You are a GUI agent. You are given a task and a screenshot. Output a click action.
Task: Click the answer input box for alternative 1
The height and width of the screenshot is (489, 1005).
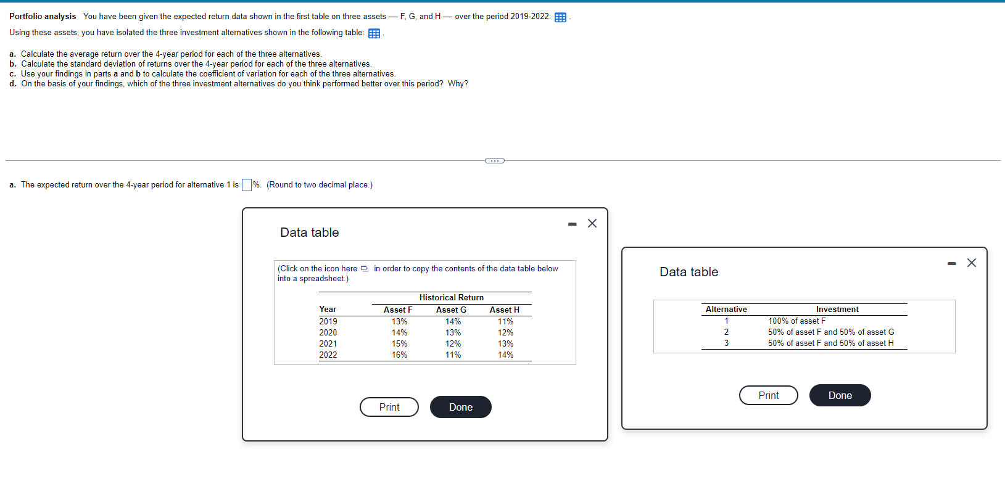pos(246,185)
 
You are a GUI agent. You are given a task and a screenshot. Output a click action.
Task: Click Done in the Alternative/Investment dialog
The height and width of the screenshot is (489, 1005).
pos(840,395)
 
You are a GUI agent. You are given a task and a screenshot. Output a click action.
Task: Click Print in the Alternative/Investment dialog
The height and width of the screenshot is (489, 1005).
pos(768,395)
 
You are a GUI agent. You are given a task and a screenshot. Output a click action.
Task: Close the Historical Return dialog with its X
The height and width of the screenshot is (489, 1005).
pos(592,223)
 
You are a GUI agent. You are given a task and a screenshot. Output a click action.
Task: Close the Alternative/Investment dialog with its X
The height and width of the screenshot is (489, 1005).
pos(972,263)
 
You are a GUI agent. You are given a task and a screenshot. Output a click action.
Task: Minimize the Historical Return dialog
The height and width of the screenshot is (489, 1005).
pos(573,224)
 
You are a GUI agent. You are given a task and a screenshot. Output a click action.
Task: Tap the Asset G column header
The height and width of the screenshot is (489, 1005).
pos(451,310)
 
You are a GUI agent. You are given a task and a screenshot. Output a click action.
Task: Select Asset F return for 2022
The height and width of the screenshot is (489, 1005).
pos(399,355)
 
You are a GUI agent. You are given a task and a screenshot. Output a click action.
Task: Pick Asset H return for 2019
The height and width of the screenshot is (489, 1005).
pos(505,321)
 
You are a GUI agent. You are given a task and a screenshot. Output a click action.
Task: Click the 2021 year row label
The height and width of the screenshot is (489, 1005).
pos(328,343)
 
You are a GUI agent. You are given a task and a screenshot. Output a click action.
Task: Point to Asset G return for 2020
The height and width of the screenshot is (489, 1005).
pos(453,332)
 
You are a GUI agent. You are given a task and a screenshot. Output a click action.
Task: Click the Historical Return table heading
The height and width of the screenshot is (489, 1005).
pos(451,297)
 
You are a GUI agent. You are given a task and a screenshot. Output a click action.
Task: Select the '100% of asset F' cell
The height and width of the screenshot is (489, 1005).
pos(796,321)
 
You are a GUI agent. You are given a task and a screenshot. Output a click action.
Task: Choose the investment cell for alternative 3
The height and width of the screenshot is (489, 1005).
pos(830,343)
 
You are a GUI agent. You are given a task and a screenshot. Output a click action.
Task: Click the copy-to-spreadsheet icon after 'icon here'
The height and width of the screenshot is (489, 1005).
pos(365,269)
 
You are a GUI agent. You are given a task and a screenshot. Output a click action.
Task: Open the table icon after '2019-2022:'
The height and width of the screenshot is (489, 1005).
pos(560,17)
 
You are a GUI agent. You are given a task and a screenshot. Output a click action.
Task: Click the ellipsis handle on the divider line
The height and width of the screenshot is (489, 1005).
pos(494,161)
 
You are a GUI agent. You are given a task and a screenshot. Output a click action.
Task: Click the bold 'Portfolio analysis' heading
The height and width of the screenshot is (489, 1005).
pos(43,16)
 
